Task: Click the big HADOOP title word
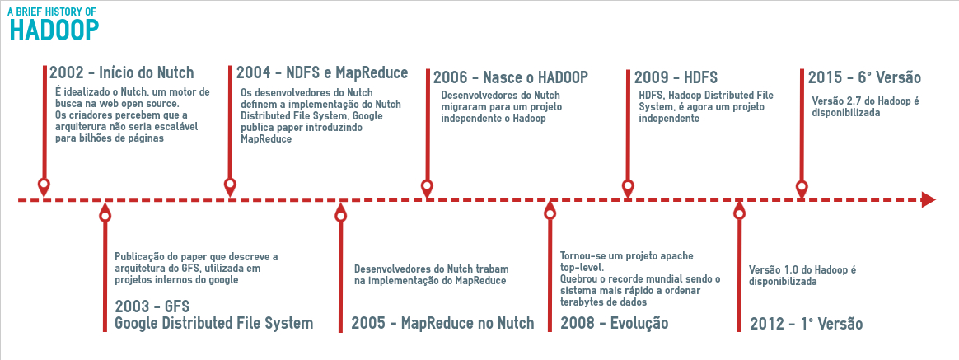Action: (x=54, y=30)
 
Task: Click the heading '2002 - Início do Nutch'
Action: (x=121, y=72)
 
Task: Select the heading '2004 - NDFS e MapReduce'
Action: (x=322, y=72)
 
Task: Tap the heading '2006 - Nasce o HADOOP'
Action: (x=511, y=77)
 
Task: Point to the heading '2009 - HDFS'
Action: (x=676, y=77)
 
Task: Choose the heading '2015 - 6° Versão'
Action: (x=864, y=77)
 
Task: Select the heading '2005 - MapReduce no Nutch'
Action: (x=442, y=323)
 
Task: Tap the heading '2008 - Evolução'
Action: (x=614, y=323)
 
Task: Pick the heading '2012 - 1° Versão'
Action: (x=806, y=324)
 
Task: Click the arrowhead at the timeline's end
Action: (x=929, y=200)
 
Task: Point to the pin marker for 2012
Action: (x=739, y=211)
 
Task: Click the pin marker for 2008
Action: (x=550, y=211)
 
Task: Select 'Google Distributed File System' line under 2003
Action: (x=214, y=323)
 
